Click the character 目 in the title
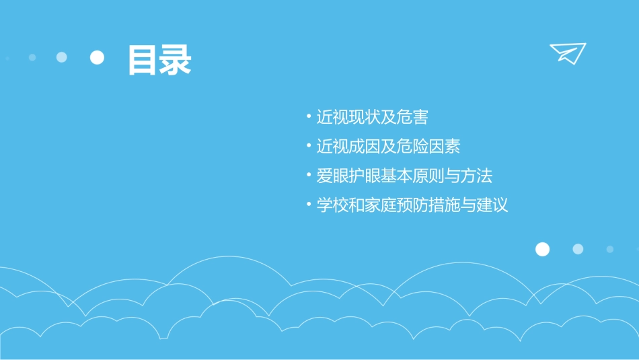143,60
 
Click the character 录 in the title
176,60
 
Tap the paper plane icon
567,52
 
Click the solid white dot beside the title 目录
97,58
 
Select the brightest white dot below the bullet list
542,250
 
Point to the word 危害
412,117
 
